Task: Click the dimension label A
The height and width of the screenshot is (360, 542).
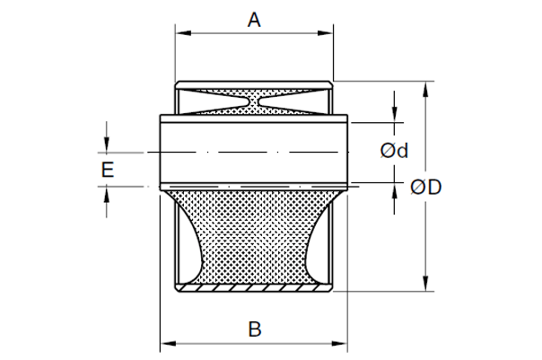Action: point(254,20)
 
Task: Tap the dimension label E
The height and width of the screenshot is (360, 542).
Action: point(108,169)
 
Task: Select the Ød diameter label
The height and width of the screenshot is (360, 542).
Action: point(394,151)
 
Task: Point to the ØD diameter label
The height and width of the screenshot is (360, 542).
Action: point(425,187)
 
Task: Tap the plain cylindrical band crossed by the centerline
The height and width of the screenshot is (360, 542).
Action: point(254,135)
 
